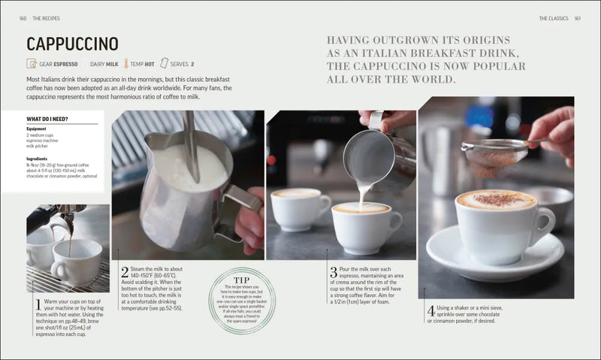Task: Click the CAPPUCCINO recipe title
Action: click(72, 44)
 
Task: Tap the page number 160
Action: click(23, 18)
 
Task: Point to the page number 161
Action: click(577, 18)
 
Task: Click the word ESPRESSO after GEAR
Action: click(65, 64)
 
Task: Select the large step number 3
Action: click(333, 272)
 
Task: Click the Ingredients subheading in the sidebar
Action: click(38, 159)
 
